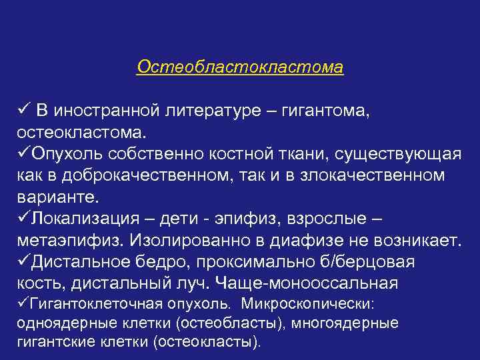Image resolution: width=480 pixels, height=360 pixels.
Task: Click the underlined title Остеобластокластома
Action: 240,68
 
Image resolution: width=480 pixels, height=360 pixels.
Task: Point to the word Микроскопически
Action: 309,304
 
